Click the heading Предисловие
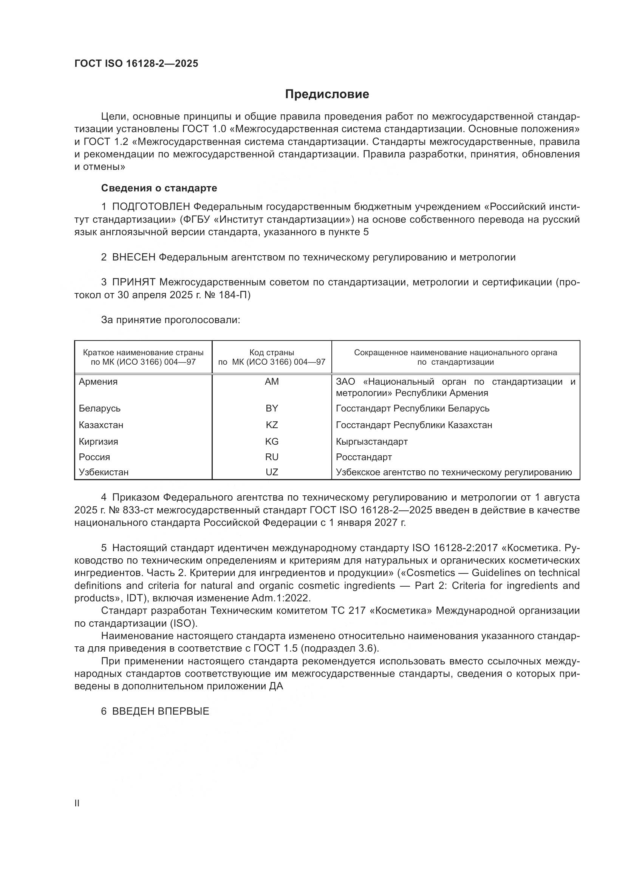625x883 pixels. pyautogui.click(x=327, y=94)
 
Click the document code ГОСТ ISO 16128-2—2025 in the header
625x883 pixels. pyautogui.click(x=136, y=63)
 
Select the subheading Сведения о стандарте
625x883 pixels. pyautogui.click(x=159, y=188)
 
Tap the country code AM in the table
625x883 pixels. pyautogui.click(x=272, y=382)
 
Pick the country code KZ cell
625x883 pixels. pyautogui.click(x=272, y=425)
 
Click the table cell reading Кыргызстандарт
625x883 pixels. pyautogui.click(x=371, y=442)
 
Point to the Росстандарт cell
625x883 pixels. pyautogui.click(x=364, y=457)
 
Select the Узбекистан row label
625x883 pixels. pyautogui.click(x=104, y=472)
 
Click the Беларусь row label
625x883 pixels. pyautogui.click(x=100, y=408)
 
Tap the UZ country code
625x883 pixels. pyautogui.click(x=272, y=472)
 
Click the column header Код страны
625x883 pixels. pyautogui.click(x=272, y=352)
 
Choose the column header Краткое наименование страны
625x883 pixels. pyautogui.click(x=143, y=352)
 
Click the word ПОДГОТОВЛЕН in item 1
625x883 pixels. pyautogui.click(x=151, y=207)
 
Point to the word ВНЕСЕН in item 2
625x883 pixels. pyautogui.click(x=133, y=257)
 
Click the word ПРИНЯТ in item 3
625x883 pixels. pyautogui.click(x=133, y=282)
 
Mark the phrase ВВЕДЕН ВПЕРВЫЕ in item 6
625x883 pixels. pyautogui.click(x=161, y=711)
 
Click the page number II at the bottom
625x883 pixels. pyautogui.click(x=77, y=803)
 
